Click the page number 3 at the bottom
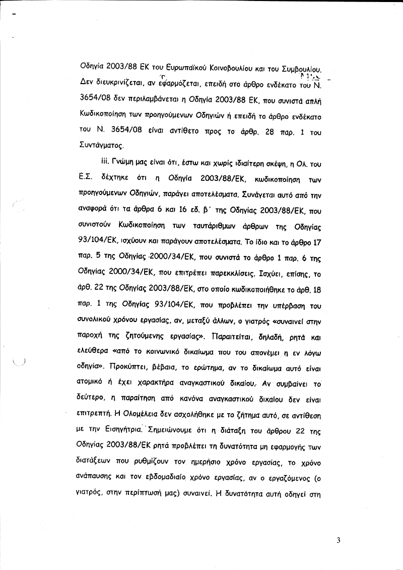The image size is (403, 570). tap(339, 541)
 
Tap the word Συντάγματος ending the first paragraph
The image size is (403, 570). tap(101, 146)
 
